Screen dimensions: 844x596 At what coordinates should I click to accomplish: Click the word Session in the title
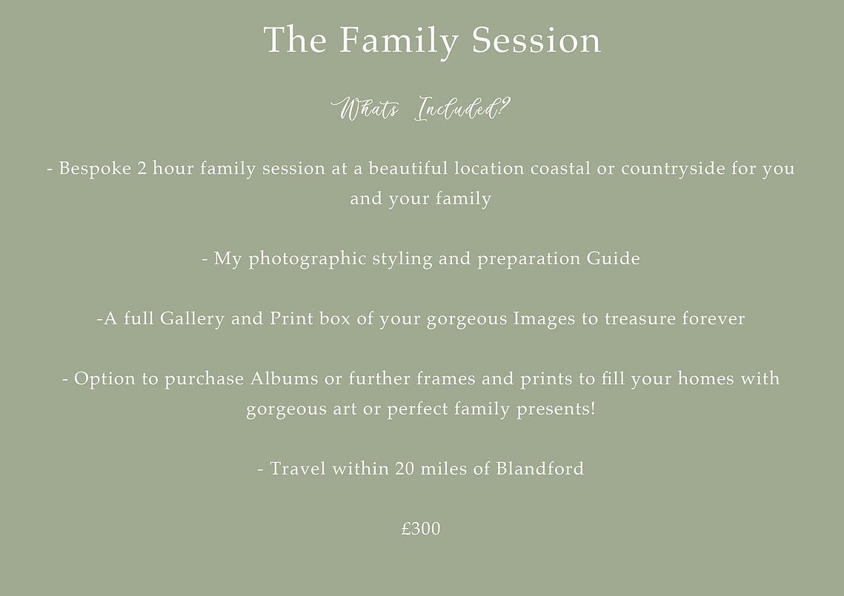(536, 40)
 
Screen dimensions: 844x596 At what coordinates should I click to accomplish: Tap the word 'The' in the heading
(295, 39)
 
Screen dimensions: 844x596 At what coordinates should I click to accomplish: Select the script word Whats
(365, 109)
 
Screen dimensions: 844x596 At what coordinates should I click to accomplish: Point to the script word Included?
(462, 108)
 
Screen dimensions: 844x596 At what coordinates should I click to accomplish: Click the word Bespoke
(95, 169)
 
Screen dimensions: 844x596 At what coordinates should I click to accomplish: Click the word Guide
(613, 258)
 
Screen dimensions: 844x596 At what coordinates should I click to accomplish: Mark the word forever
(713, 318)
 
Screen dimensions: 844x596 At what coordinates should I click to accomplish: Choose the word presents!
(556, 409)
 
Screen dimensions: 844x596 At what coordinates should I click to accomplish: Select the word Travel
(298, 469)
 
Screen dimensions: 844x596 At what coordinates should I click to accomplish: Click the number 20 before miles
(405, 469)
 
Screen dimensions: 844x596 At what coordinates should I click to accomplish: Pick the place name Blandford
(540, 469)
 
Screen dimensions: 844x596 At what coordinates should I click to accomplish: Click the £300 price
(421, 529)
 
